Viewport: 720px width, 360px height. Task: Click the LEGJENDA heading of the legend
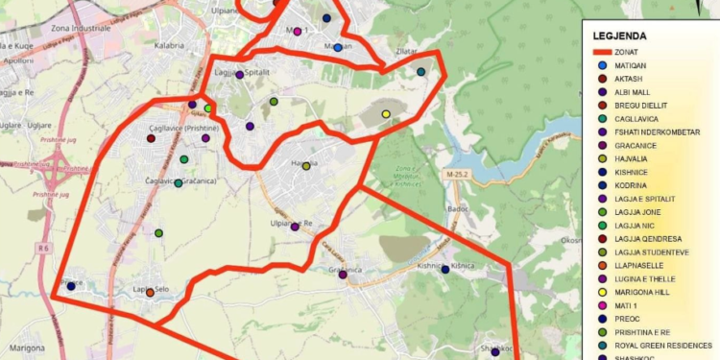coord(620,36)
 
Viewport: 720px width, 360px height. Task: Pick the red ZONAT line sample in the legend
coord(603,50)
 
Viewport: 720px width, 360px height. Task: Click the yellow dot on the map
coord(386,114)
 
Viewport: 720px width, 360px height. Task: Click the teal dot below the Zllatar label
coord(420,72)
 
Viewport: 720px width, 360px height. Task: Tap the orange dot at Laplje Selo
coord(150,292)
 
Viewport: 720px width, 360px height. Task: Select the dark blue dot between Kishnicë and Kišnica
coord(445,270)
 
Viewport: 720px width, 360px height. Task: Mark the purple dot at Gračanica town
coord(341,273)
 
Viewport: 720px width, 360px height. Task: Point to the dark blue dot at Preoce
coord(71,285)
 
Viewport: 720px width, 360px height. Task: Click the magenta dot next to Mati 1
coord(298,32)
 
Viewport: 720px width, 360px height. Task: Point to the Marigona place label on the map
coord(28,348)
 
